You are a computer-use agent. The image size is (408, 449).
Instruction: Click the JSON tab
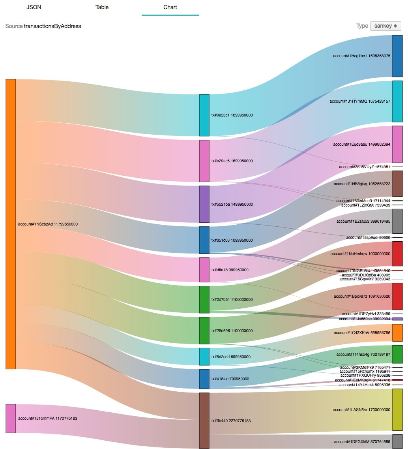34,7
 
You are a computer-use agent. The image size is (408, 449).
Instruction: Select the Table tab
102,7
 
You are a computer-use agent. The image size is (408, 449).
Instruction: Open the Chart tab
170,7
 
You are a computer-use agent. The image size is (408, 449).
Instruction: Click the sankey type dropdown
386,26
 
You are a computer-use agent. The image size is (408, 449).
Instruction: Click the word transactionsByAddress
52,26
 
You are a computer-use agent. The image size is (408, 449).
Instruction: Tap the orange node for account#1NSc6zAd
11,224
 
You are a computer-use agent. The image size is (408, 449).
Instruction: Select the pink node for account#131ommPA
11,418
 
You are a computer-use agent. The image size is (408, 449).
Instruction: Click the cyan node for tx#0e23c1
204,115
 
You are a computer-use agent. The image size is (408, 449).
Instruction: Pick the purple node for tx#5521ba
204,204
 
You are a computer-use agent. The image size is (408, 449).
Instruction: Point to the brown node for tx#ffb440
204,421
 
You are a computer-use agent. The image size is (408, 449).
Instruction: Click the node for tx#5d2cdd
204,357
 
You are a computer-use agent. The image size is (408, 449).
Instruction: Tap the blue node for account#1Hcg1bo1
397,56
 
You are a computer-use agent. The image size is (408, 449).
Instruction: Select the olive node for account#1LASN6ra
397,410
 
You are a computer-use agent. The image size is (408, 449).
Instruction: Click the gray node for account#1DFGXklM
397,441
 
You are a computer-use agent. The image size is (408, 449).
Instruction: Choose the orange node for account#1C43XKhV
397,333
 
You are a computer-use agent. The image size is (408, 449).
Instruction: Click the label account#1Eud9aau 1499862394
361,145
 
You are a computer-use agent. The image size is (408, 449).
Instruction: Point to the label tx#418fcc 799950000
230,379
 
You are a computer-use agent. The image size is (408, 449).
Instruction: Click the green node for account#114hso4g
397,354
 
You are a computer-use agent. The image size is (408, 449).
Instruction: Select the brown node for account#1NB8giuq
397,184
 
